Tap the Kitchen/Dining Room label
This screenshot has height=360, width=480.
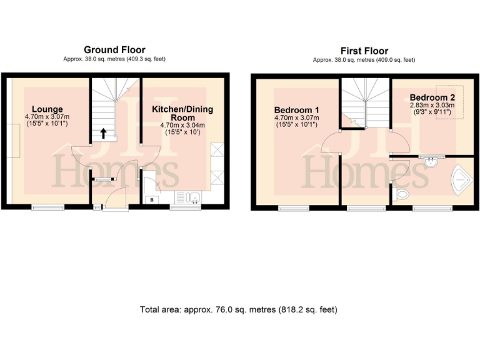pos(182,113)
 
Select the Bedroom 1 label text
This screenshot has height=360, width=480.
pos(297,110)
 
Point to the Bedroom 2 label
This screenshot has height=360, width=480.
pos(432,97)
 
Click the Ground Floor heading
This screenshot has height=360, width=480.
pos(114,49)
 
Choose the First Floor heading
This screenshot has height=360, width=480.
pos(364,51)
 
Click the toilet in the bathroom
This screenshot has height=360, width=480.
pos(402,194)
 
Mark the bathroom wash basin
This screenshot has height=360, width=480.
pos(431,162)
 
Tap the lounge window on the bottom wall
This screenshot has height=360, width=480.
pos(47,207)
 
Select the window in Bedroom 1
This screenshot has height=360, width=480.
pos(294,207)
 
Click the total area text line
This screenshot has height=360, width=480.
pos(239,309)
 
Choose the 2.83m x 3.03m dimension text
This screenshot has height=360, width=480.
pos(432,107)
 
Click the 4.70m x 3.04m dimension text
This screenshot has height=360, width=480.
pos(182,125)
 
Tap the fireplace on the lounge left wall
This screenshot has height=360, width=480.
pos(16,140)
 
